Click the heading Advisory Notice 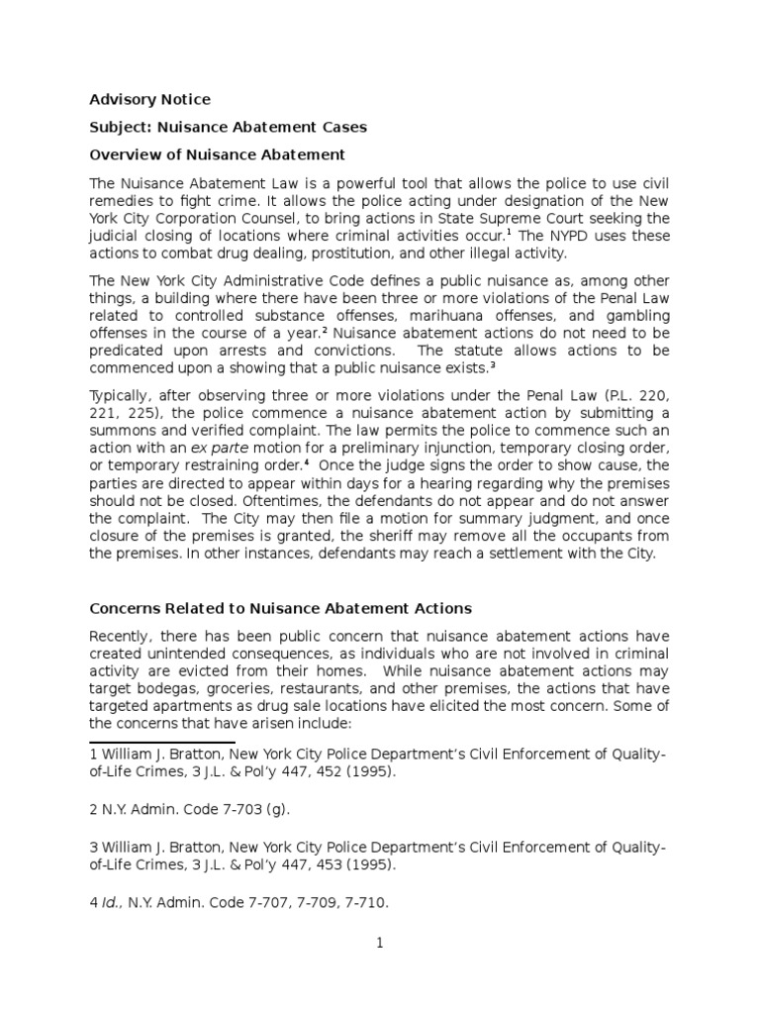(149, 99)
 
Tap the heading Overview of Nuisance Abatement (217, 154)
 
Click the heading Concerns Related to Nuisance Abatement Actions (280, 608)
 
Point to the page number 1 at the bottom (379, 943)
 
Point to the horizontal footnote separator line (162, 742)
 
